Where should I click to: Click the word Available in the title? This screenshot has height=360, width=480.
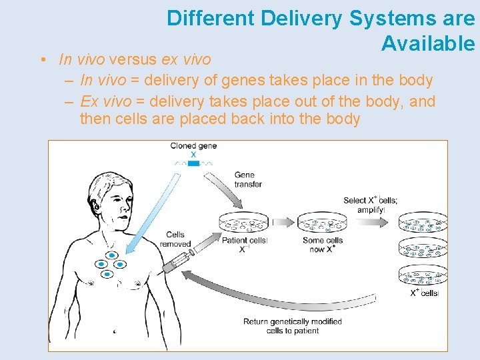428,44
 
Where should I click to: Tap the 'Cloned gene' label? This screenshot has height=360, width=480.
193,146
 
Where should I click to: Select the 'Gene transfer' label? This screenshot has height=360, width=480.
248,179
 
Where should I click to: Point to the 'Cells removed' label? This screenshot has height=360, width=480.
175,239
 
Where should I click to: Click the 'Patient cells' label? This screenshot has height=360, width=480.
244,244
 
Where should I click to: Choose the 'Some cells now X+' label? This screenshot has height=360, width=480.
323,244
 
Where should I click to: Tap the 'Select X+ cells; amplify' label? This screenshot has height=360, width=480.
371,205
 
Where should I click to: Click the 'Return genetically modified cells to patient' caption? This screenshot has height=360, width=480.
292,326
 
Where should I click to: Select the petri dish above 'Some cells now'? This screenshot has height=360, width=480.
322,223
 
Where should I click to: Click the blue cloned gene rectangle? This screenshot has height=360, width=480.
193,163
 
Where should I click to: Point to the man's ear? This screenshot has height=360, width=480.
98,203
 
